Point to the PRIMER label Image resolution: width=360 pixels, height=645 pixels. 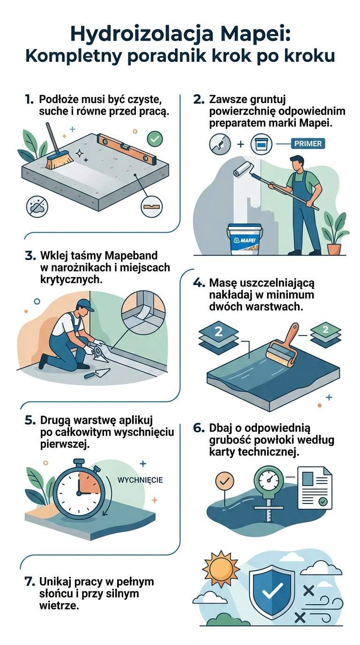[x=307, y=143]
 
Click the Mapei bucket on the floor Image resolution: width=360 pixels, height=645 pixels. [x=245, y=239]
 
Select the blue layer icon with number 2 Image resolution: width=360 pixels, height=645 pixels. [x=218, y=333]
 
